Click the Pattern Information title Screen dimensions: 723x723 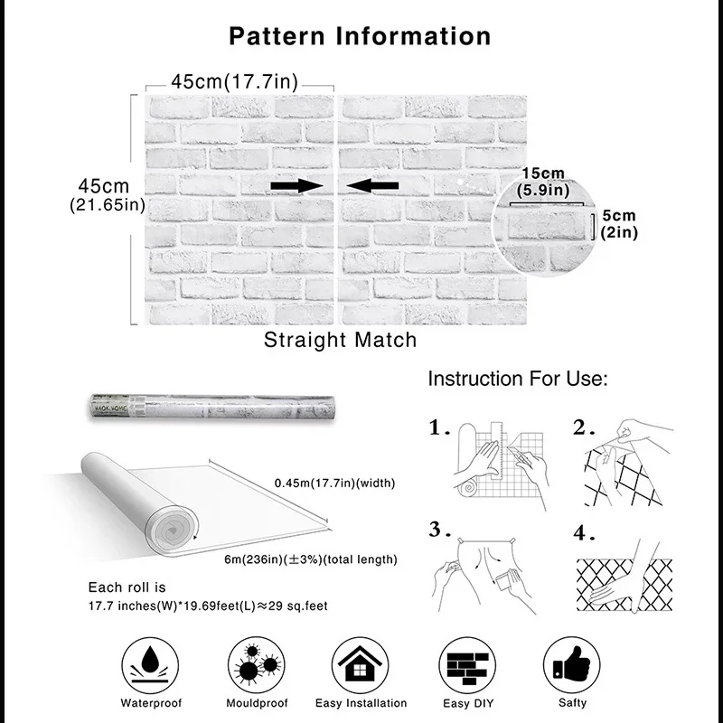360,36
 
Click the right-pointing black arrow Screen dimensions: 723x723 296,185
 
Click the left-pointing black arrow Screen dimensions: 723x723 372,185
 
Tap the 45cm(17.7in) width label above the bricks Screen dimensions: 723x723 234,81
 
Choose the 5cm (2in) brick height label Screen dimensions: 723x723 619,224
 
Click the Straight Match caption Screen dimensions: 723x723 341,340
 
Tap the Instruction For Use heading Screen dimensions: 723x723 518,378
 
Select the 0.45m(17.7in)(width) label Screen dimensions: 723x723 335,484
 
